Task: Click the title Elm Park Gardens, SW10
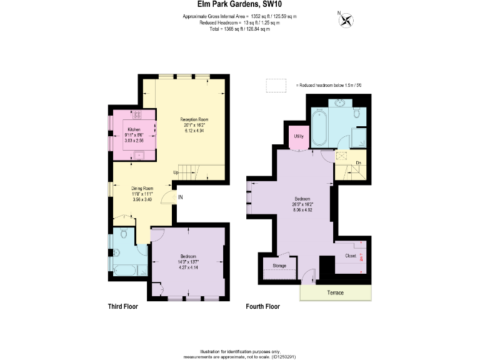pos(240,4)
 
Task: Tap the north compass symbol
pos(344,20)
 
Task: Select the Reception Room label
pos(194,119)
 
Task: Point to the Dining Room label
pos(142,188)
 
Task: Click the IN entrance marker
pos(180,197)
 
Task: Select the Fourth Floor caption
pos(263,307)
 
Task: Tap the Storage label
pos(279,266)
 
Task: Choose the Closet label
pos(351,256)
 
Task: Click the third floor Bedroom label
pos(189,257)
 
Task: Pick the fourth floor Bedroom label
pos(302,200)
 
